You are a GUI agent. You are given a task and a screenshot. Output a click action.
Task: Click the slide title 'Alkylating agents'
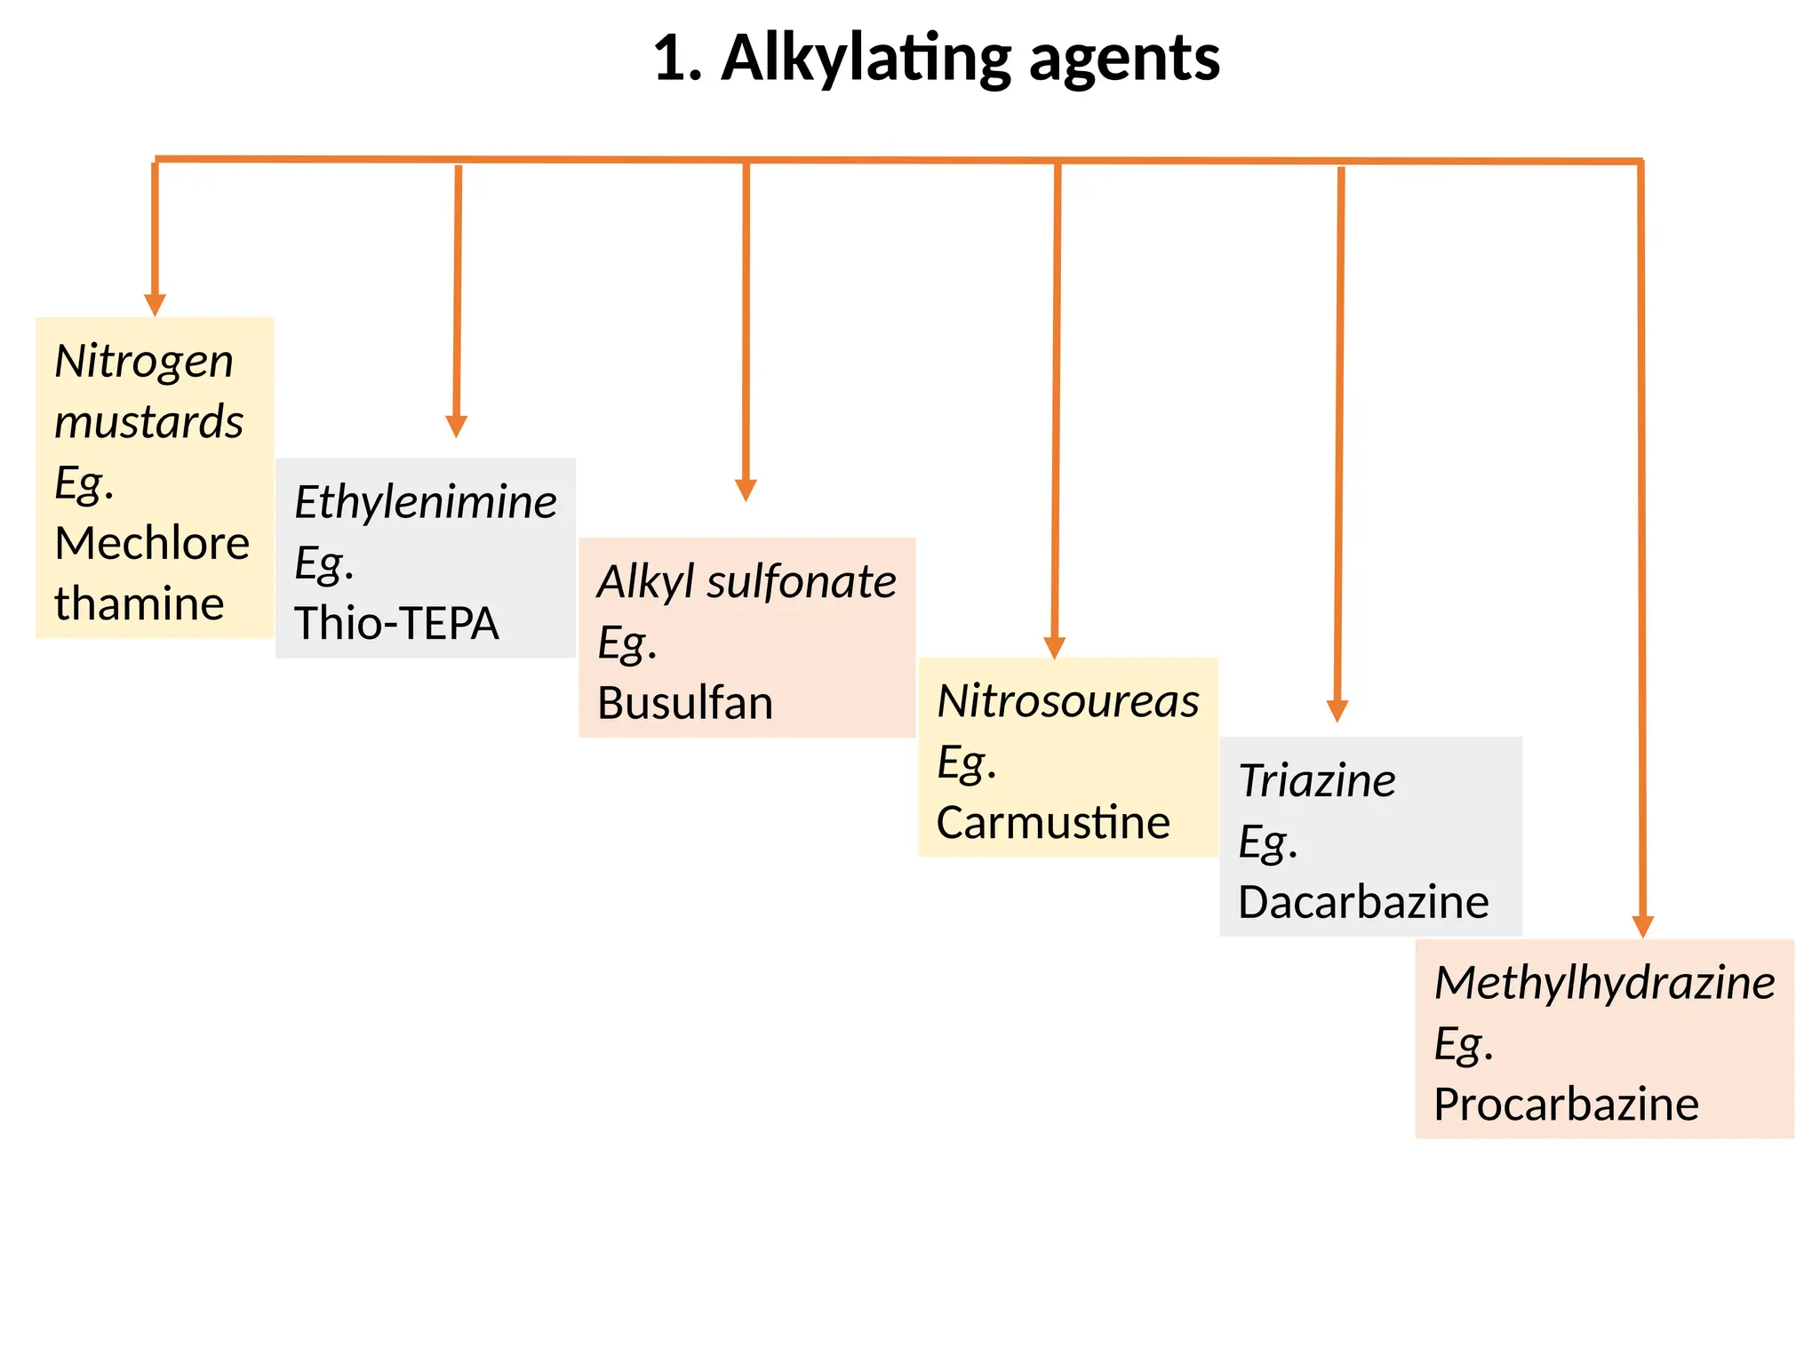pyautogui.click(x=970, y=59)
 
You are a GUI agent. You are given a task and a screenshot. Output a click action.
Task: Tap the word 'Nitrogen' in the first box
pyautogui.click(x=144, y=362)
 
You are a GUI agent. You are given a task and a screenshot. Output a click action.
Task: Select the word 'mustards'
pyautogui.click(x=148, y=422)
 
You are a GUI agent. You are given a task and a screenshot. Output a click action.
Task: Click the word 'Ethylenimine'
pyautogui.click(x=426, y=502)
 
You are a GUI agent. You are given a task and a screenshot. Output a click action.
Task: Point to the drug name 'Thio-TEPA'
pyautogui.click(x=396, y=623)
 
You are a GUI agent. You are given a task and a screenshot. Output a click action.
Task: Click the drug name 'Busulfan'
pyautogui.click(x=685, y=703)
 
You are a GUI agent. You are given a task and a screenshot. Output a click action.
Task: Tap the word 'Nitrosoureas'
pyautogui.click(x=1068, y=701)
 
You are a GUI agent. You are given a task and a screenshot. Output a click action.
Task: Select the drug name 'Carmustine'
pyautogui.click(x=1053, y=822)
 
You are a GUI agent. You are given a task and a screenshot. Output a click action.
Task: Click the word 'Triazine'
pyautogui.click(x=1317, y=781)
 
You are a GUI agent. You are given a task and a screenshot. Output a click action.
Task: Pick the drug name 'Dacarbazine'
pyautogui.click(x=1363, y=902)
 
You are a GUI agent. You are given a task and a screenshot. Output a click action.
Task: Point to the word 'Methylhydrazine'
pyautogui.click(x=1605, y=983)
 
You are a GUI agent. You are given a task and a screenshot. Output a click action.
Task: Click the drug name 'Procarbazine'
pyautogui.click(x=1566, y=1105)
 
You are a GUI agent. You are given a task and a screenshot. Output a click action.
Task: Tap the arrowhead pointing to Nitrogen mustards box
pyautogui.click(x=155, y=305)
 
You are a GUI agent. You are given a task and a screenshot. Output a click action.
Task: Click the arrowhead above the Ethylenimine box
pyautogui.click(x=456, y=427)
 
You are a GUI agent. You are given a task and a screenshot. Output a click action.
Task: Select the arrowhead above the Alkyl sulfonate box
pyautogui.click(x=746, y=491)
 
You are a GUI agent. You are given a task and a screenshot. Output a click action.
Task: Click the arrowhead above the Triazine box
pyautogui.click(x=1337, y=711)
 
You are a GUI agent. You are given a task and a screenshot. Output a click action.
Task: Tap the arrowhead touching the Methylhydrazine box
pyautogui.click(x=1643, y=926)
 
